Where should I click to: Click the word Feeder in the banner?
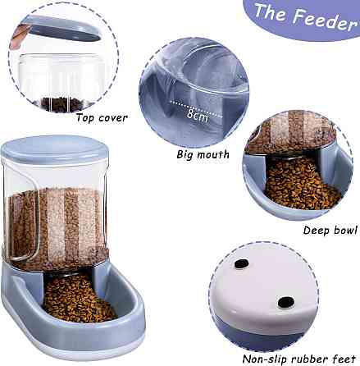(x=326, y=21)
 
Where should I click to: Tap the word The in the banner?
(x=271, y=12)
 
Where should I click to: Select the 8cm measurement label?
(x=198, y=115)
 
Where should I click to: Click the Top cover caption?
(x=102, y=118)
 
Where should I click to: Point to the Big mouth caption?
(x=203, y=154)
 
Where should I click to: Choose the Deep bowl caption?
(x=330, y=230)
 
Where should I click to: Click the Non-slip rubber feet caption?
(x=299, y=359)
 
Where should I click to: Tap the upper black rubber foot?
(x=242, y=264)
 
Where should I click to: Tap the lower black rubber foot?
(x=286, y=302)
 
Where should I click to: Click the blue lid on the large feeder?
(x=55, y=150)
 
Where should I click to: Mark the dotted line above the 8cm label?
(x=196, y=109)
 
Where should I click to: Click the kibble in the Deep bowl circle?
(x=301, y=182)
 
